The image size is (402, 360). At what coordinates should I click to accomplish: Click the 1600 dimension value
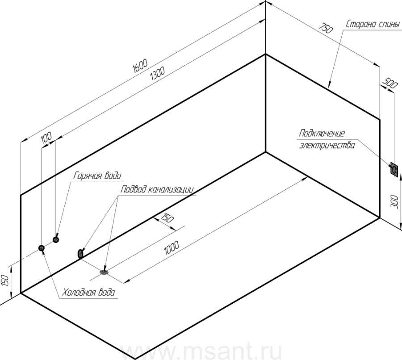pyautogui.click(x=140, y=66)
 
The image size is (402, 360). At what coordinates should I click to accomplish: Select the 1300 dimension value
pyautogui.click(x=157, y=74)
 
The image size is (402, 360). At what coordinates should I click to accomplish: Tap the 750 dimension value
pyautogui.click(x=326, y=28)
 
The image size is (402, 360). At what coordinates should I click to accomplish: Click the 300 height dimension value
pyautogui.click(x=394, y=201)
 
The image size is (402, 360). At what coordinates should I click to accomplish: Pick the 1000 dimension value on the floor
pyautogui.click(x=171, y=248)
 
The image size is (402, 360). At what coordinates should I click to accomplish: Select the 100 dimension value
pyautogui.click(x=46, y=138)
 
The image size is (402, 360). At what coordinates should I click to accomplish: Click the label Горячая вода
pyautogui.click(x=97, y=176)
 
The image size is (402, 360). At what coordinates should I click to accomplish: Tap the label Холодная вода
pyautogui.click(x=89, y=292)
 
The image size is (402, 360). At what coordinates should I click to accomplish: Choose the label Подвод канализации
pyautogui.click(x=157, y=189)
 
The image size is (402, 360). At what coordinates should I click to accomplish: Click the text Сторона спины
pyautogui.click(x=373, y=25)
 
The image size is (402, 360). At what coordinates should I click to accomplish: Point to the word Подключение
pyautogui.click(x=322, y=134)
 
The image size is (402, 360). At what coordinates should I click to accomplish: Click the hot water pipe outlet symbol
pyautogui.click(x=56, y=239)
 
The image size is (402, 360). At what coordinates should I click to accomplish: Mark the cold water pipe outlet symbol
pyautogui.click(x=41, y=248)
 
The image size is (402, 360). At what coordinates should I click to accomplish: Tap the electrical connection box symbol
pyautogui.click(x=394, y=169)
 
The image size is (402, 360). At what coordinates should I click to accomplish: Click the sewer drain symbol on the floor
pyautogui.click(x=104, y=272)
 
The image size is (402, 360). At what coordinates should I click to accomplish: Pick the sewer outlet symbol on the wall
pyautogui.click(x=80, y=254)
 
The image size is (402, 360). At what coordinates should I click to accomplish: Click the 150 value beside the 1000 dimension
pyautogui.click(x=167, y=218)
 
